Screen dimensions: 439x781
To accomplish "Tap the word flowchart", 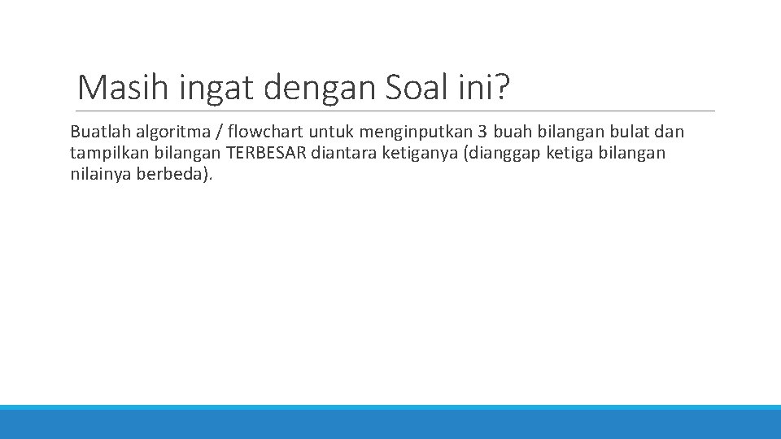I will coord(265,132).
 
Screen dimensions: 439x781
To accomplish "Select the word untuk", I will coord(328,132).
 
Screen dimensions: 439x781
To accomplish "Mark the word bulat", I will coord(630,132).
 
